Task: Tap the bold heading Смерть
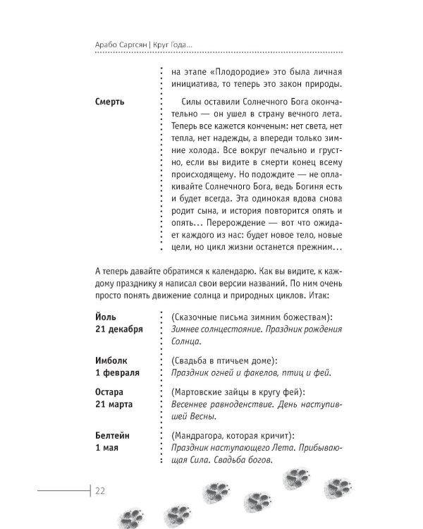coord(110,101)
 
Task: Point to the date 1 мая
coord(106,449)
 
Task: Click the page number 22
coord(100,491)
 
